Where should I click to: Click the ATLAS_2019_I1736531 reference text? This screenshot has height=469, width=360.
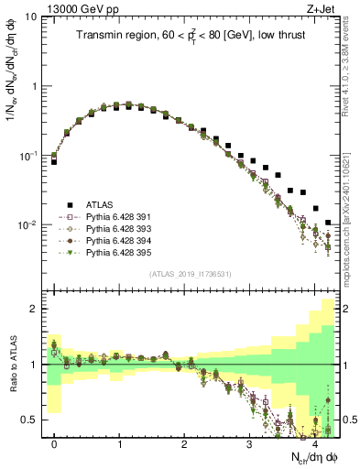[191, 275]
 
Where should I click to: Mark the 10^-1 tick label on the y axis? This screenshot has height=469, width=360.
[29, 156]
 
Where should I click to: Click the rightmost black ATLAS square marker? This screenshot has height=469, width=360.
[328, 223]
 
